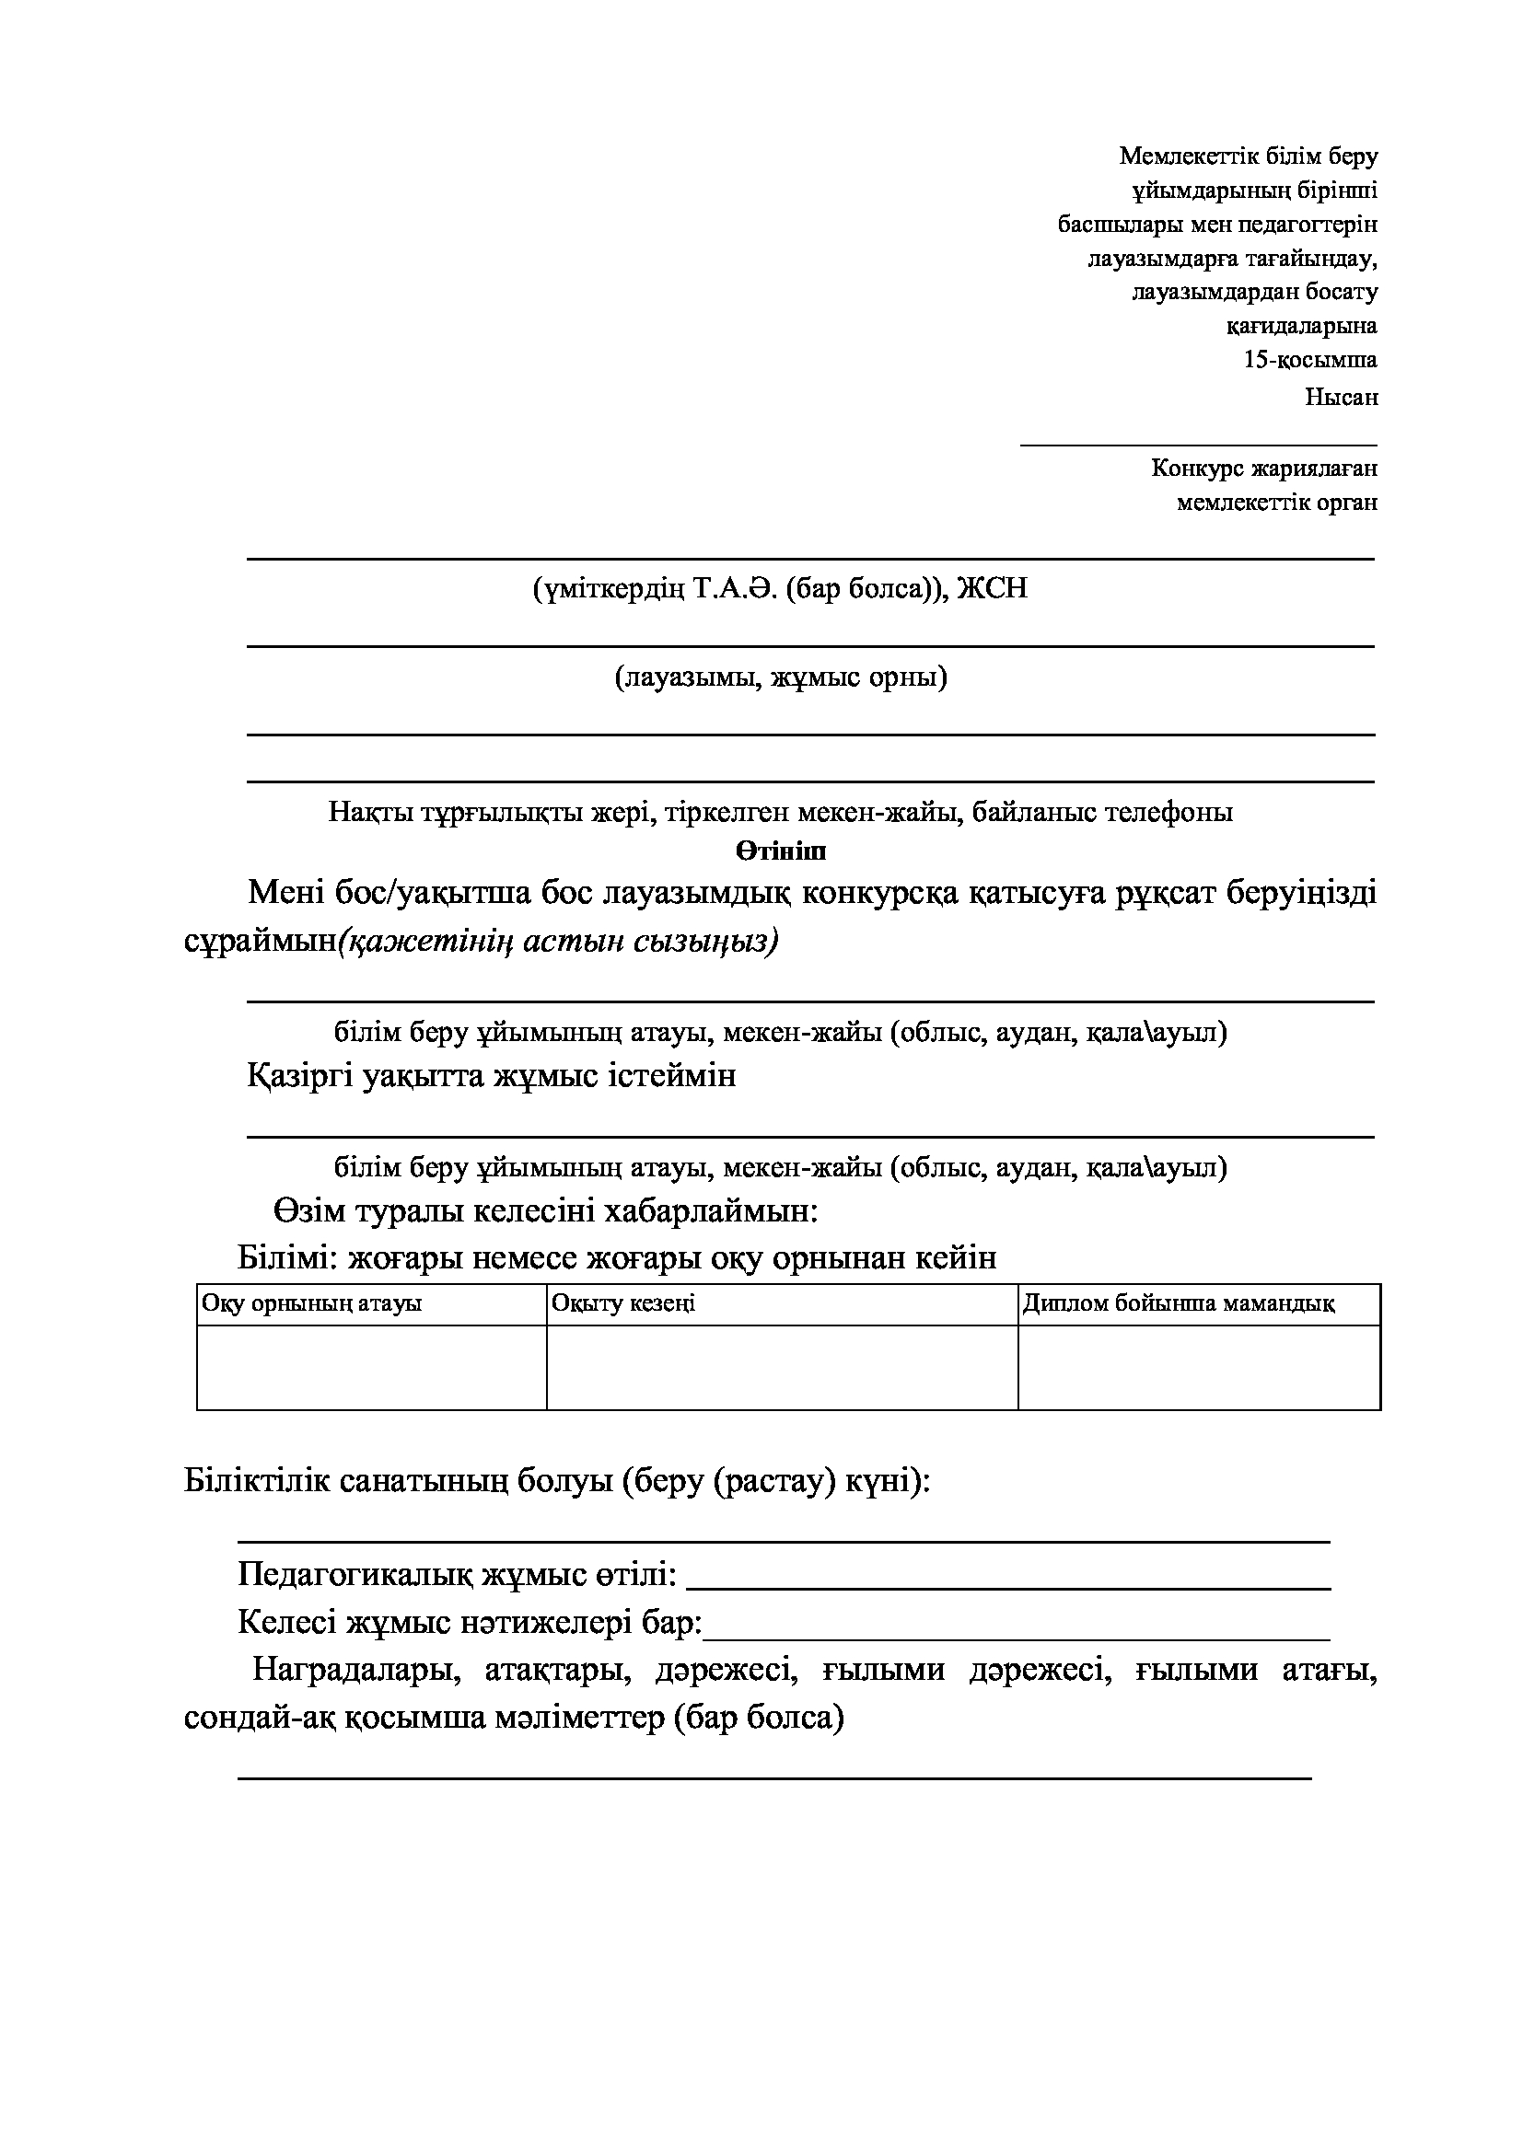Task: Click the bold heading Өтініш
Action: click(780, 851)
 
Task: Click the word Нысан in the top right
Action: click(1341, 397)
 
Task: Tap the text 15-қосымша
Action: click(1310, 360)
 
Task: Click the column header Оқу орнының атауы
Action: click(312, 1303)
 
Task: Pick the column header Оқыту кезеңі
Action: click(623, 1303)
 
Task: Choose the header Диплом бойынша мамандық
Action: click(1179, 1303)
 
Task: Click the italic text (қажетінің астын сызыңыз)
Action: click(558, 941)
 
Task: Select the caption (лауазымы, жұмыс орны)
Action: click(781, 677)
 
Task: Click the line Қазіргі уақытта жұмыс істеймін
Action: click(492, 1074)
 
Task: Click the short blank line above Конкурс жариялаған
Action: click(1198, 445)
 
